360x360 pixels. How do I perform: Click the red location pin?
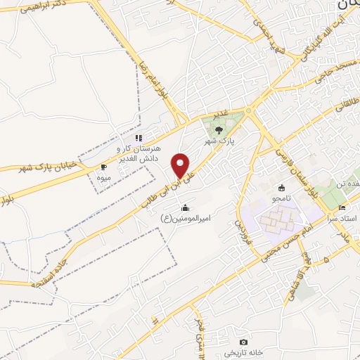[181, 165]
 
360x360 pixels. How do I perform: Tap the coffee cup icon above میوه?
[103, 167]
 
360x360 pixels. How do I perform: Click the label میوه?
[104, 177]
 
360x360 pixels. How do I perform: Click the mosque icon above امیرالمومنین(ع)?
[185, 207]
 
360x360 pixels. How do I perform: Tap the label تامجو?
[282, 200]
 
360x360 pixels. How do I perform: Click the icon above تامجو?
[282, 188]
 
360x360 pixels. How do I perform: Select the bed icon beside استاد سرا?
[342, 207]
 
